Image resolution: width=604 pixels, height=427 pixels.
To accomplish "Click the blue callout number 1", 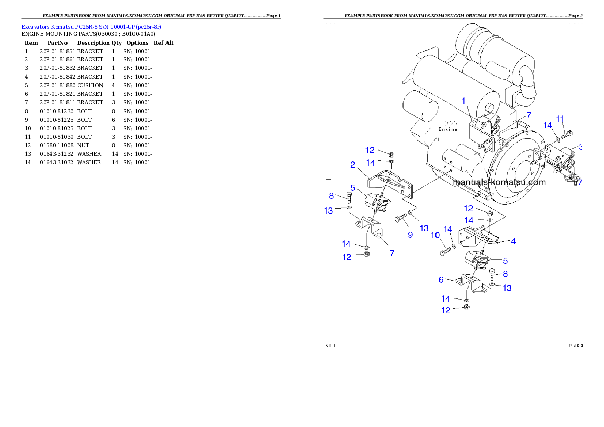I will coord(463,101).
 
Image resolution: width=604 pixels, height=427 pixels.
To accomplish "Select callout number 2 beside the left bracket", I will coord(351,164).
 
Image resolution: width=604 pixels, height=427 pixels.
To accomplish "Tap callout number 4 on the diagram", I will coord(513,242).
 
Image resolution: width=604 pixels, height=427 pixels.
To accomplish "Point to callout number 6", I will coord(441,279).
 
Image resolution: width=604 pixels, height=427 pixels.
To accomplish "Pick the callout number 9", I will coord(410,235).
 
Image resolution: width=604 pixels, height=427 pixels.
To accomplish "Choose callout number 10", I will coord(435,235).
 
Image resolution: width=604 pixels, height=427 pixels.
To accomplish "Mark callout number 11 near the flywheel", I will coord(560,119).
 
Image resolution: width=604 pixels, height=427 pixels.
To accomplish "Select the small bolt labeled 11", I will coord(566,135).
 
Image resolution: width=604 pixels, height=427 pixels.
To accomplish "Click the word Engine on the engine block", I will coord(448,129).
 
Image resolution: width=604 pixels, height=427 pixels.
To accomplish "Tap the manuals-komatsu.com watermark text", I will coord(499,182).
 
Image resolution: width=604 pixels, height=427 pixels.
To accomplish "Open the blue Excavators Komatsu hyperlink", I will coord(91,27).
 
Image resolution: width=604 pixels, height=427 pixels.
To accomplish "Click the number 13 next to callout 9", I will coord(424,228).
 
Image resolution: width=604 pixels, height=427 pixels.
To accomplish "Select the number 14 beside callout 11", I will coord(548,125).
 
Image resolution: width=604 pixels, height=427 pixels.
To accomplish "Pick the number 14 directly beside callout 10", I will coord(448,229).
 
